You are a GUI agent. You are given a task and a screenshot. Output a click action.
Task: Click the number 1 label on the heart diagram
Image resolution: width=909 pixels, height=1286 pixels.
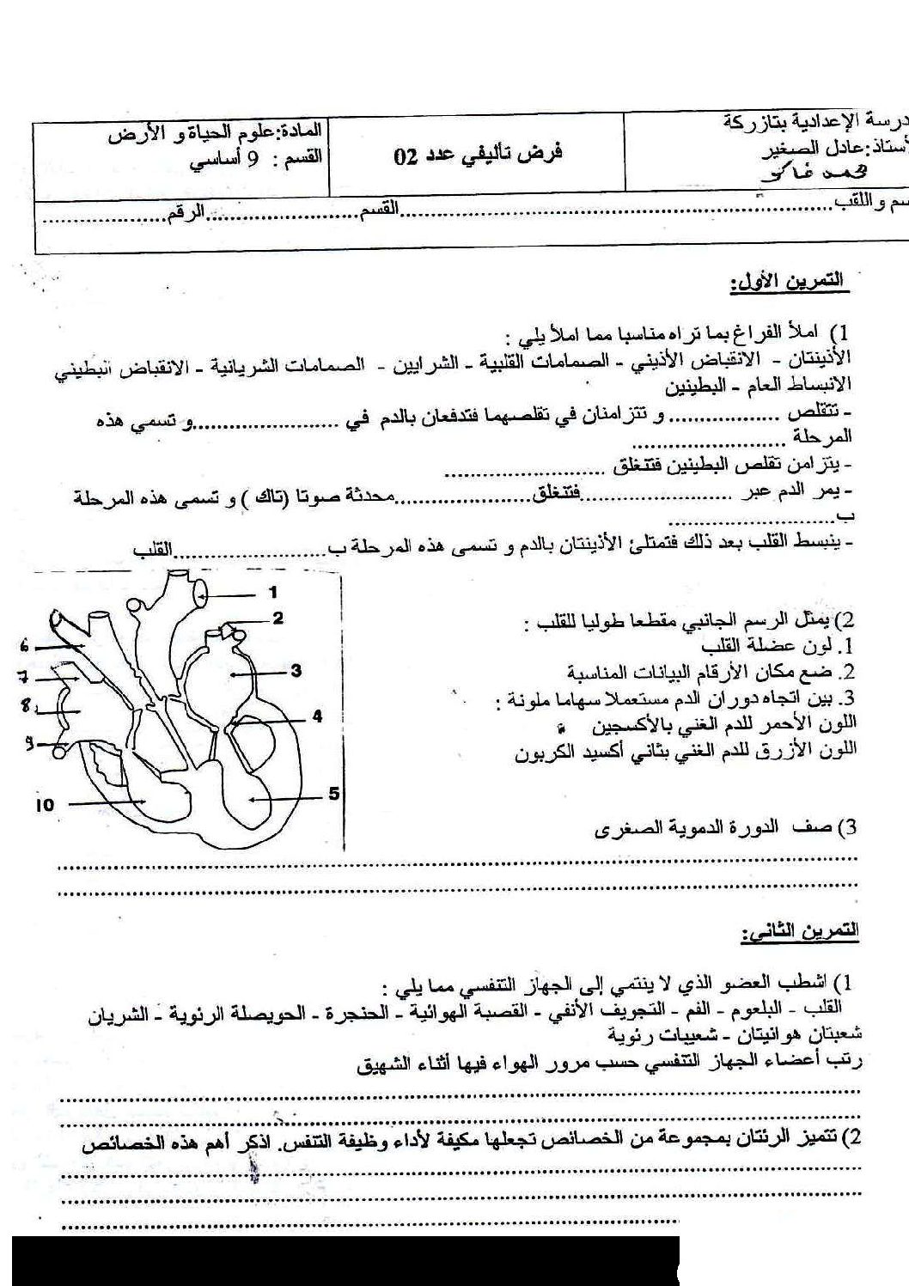tap(272, 592)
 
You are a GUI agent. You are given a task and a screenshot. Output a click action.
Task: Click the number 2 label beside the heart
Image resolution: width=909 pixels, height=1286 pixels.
tap(278, 618)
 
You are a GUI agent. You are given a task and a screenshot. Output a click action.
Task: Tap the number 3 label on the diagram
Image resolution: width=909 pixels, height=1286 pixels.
tap(296, 671)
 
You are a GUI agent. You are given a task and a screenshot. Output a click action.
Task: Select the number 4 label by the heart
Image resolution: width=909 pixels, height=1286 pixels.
tap(317, 715)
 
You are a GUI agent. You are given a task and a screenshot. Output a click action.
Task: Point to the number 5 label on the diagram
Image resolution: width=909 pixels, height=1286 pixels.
tap(334, 794)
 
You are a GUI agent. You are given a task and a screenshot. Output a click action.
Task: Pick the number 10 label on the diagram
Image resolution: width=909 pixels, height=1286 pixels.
tap(46, 805)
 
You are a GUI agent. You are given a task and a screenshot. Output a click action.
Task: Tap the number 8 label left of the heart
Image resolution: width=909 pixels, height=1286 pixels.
tap(26, 706)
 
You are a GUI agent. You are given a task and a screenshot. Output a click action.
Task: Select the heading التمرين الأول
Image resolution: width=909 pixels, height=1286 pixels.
tap(787, 281)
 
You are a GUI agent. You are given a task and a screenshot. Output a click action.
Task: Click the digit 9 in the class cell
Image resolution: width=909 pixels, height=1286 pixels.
tap(253, 158)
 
